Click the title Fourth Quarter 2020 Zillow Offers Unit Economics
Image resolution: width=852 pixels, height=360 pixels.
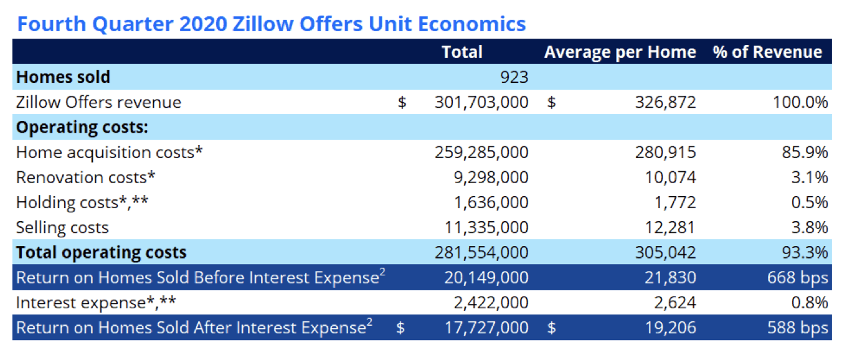coord(271,24)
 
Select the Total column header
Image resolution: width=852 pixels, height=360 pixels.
coord(462,52)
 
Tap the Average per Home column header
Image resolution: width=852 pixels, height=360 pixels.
coord(620,52)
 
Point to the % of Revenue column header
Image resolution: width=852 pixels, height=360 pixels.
coord(767,52)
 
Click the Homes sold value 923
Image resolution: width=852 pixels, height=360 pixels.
coord(514,77)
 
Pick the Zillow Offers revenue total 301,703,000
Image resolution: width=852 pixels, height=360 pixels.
coord(481,102)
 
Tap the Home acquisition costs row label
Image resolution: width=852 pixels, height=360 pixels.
coord(110,153)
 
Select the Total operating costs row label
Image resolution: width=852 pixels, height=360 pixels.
coord(101,252)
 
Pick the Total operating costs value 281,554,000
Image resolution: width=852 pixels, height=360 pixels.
coord(481,252)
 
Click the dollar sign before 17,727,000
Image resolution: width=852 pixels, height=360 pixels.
coord(400,328)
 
